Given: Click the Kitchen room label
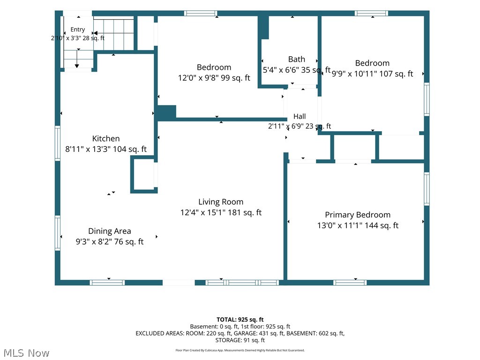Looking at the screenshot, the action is pyautogui.click(x=106, y=139).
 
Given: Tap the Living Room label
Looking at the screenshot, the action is pyautogui.click(x=221, y=202).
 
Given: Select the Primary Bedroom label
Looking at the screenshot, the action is pyautogui.click(x=358, y=215).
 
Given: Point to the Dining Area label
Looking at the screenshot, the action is pyautogui.click(x=110, y=231).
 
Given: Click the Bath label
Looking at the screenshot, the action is pyautogui.click(x=297, y=59).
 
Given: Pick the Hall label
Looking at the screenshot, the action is pyautogui.click(x=300, y=116).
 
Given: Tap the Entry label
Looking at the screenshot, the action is pyautogui.click(x=77, y=30).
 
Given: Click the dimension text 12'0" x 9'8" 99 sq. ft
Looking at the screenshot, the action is pyautogui.click(x=214, y=78).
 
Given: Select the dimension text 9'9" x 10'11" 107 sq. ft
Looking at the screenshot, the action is pyautogui.click(x=373, y=74).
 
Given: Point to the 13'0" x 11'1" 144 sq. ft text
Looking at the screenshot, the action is pyautogui.click(x=358, y=225).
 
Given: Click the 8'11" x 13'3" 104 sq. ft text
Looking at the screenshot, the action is pyautogui.click(x=106, y=150).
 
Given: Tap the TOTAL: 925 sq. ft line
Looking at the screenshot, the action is pyautogui.click(x=240, y=320).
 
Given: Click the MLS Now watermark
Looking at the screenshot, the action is pyautogui.click(x=26, y=353).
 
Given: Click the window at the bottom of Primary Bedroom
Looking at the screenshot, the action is pyautogui.click(x=350, y=283).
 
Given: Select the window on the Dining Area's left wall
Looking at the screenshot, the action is pyautogui.click(x=58, y=233).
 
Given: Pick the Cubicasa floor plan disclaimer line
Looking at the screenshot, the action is pyautogui.click(x=240, y=350).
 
